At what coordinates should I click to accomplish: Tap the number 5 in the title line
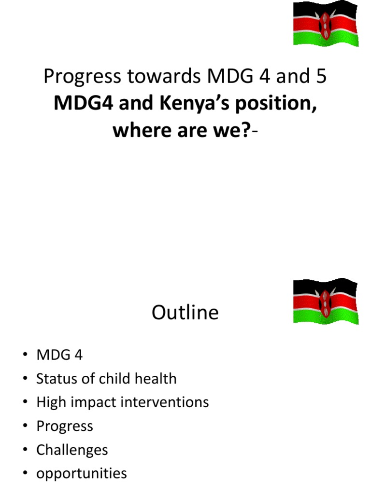pos(320,77)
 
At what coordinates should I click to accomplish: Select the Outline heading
pos(185,313)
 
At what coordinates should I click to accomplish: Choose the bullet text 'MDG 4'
pos(59,355)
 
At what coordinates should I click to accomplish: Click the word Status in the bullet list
pos(57,379)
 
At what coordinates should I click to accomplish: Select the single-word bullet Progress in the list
pos(65,426)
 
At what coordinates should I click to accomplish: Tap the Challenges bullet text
pos(72,450)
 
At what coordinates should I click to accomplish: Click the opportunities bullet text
pos(82,474)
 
